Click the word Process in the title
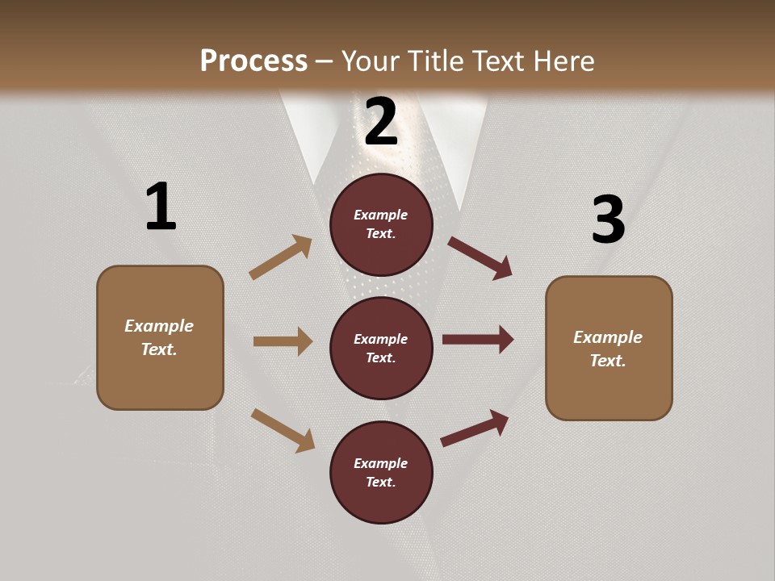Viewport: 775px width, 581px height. [x=253, y=61]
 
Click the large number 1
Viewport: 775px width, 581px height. [x=161, y=207]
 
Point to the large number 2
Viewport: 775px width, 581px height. [x=381, y=121]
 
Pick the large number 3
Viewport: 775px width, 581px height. [x=608, y=219]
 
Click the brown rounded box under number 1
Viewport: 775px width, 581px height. [x=160, y=337]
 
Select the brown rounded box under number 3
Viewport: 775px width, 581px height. [x=609, y=349]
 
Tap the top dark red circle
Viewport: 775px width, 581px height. [x=381, y=224]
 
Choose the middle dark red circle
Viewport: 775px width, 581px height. [x=381, y=349]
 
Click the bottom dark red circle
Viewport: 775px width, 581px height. [x=381, y=473]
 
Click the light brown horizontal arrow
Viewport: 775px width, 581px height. [x=283, y=341]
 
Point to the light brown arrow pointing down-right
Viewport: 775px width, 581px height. [x=283, y=430]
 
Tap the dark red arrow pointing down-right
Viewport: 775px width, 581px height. [x=480, y=257]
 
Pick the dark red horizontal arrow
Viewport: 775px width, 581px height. [x=478, y=340]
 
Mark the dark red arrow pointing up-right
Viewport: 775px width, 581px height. [x=475, y=428]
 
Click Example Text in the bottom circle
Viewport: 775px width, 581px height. [x=381, y=473]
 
